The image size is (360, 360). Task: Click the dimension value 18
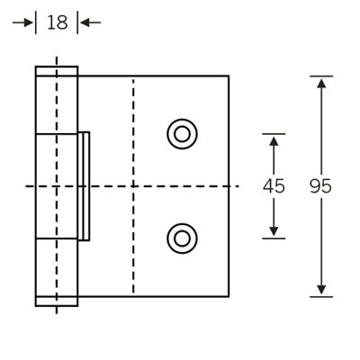[x=58, y=22]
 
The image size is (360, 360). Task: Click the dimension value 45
[x=274, y=186]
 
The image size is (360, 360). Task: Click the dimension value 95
[x=320, y=186]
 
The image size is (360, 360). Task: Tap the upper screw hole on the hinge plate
[x=182, y=134]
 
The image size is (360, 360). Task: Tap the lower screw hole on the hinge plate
[x=182, y=238]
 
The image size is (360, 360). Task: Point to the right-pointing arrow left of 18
[x=22, y=22]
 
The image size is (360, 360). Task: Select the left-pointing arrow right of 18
[x=91, y=22]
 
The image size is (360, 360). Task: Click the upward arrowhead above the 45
[x=274, y=141]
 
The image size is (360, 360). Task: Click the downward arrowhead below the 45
[x=274, y=231]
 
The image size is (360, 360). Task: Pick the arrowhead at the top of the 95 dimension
[x=321, y=83]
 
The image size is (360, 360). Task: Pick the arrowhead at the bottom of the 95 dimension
[x=321, y=290]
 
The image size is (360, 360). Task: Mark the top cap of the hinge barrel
[x=57, y=71]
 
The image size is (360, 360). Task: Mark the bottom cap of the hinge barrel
[x=57, y=301]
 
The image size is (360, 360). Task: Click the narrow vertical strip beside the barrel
[x=84, y=186]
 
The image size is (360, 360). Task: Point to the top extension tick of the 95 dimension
[x=321, y=76]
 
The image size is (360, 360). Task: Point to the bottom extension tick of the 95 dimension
[x=321, y=297]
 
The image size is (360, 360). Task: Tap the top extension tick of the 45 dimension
[x=274, y=134]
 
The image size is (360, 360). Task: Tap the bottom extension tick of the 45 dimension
[x=274, y=238]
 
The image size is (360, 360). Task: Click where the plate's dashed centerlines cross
[x=133, y=186]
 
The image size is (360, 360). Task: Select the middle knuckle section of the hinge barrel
[x=57, y=186]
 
